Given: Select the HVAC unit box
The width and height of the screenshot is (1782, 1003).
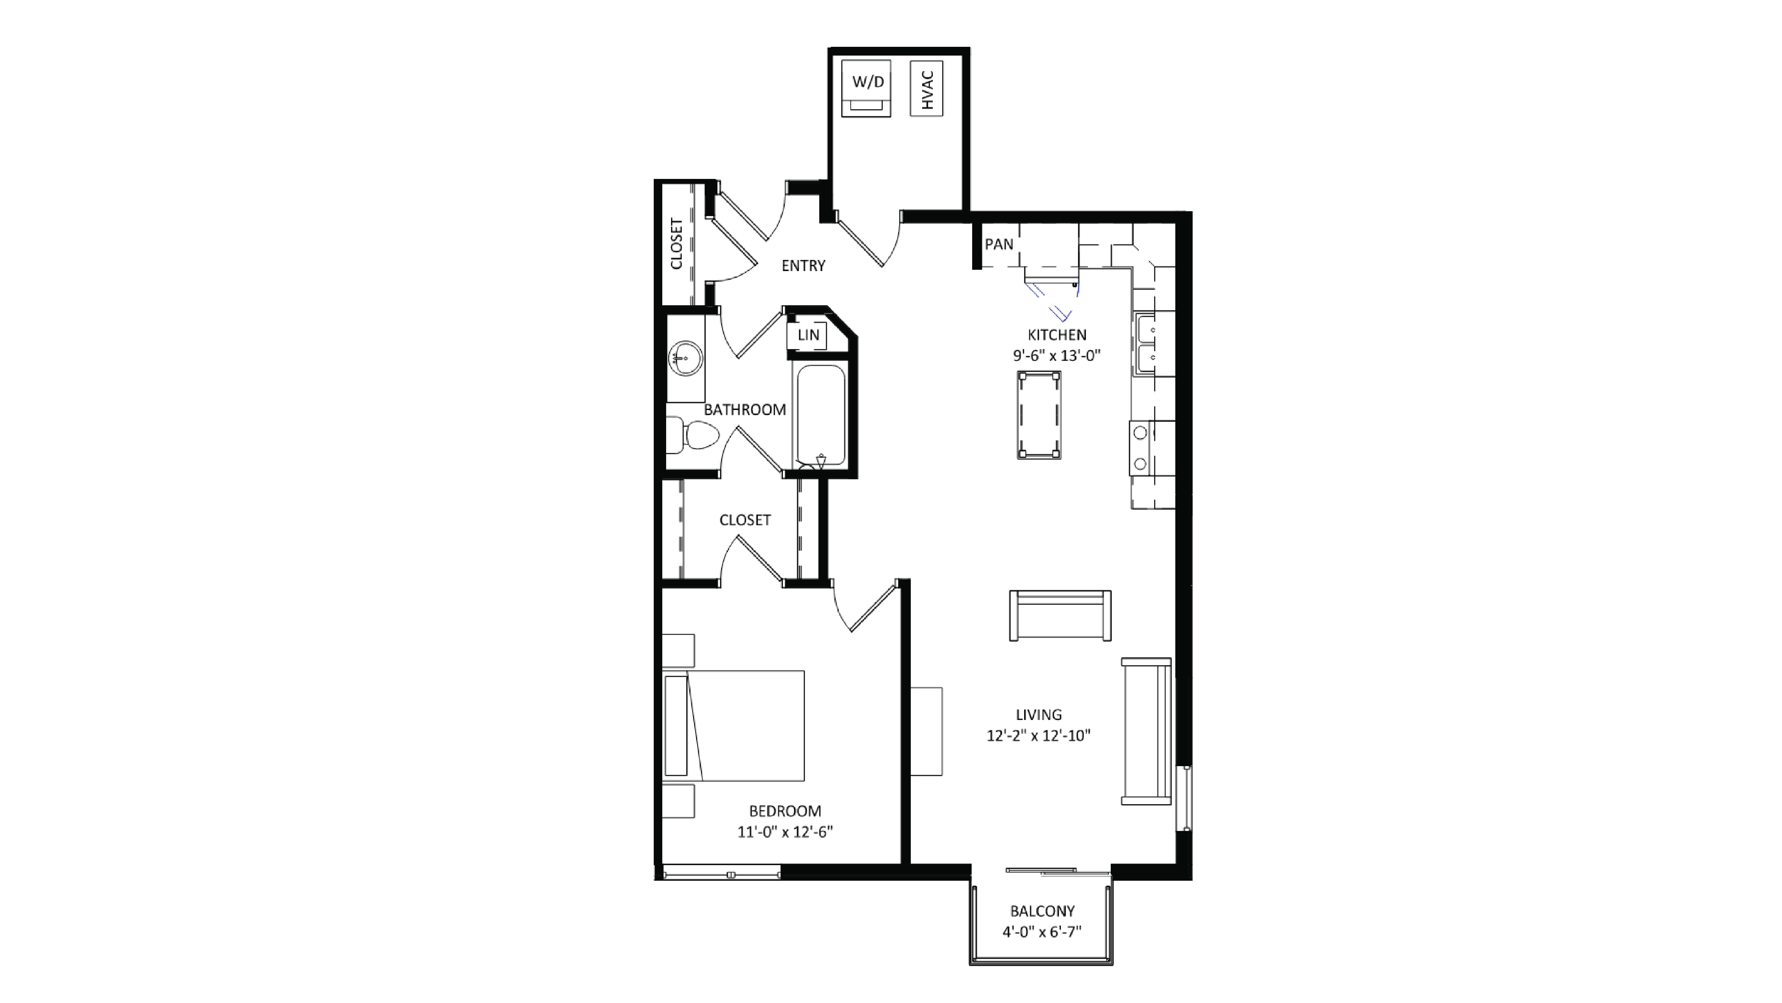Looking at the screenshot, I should point(926,88).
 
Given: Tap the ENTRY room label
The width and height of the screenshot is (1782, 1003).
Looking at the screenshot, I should point(803,266).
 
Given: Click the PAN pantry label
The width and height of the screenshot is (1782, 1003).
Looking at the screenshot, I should point(999,244).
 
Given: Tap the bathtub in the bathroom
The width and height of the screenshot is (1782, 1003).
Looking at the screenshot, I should point(821,415).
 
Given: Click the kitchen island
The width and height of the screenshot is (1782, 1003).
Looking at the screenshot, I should point(1039,415).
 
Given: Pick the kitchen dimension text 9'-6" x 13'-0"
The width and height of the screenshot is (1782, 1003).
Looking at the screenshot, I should point(1056,355).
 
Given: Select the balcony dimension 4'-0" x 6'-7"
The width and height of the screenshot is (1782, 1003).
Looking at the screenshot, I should point(1042,932).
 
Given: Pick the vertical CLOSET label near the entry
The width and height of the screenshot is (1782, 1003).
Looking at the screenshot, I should point(677,243).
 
